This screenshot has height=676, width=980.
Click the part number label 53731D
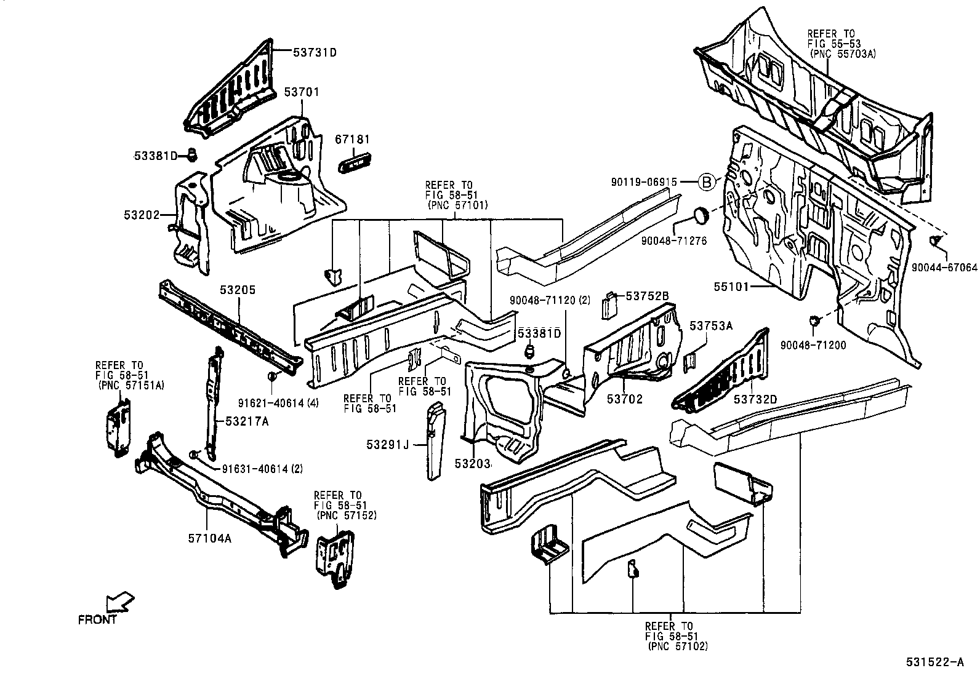click(315, 53)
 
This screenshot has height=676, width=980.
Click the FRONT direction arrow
click(121, 601)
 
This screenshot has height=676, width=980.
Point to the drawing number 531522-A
click(934, 662)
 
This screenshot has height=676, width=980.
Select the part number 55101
click(733, 286)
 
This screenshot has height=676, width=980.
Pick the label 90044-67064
click(944, 268)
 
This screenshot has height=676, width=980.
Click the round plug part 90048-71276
click(701, 216)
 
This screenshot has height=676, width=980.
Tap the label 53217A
click(247, 421)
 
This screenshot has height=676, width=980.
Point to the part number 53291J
click(388, 443)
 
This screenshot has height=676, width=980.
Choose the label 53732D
click(755, 399)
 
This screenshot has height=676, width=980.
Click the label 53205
click(238, 290)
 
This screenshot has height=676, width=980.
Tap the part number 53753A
click(711, 326)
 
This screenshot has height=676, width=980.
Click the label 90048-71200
click(813, 346)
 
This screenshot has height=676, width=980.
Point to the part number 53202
click(142, 215)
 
